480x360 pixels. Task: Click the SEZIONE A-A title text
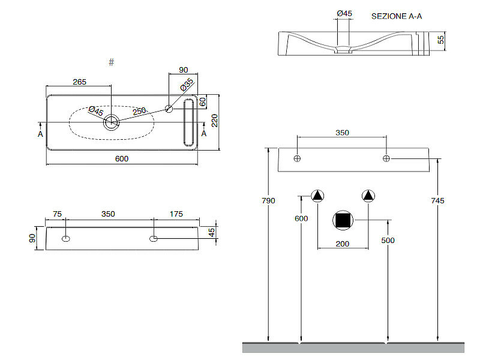397,16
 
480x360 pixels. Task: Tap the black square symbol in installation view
343,221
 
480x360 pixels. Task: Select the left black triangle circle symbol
317,196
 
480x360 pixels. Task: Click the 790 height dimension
268,200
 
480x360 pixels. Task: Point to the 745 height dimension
437,200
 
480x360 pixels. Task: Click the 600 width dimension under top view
121,158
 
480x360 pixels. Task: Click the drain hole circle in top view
112,123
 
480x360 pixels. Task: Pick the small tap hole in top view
169,109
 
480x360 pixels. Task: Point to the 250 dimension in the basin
139,111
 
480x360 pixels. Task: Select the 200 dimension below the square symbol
342,243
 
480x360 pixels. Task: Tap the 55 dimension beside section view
441,40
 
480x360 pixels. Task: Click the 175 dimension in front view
176,214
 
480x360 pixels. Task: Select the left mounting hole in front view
65,239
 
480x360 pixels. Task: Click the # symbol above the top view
112,62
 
